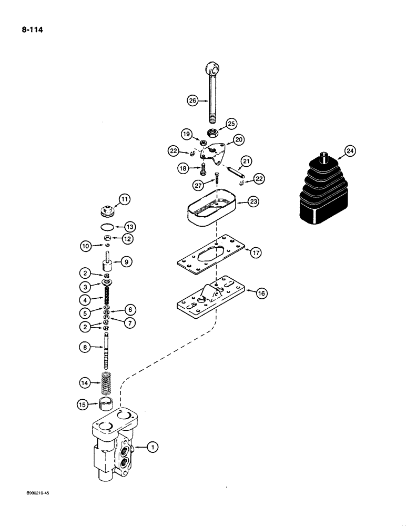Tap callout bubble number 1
click(152, 447)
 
